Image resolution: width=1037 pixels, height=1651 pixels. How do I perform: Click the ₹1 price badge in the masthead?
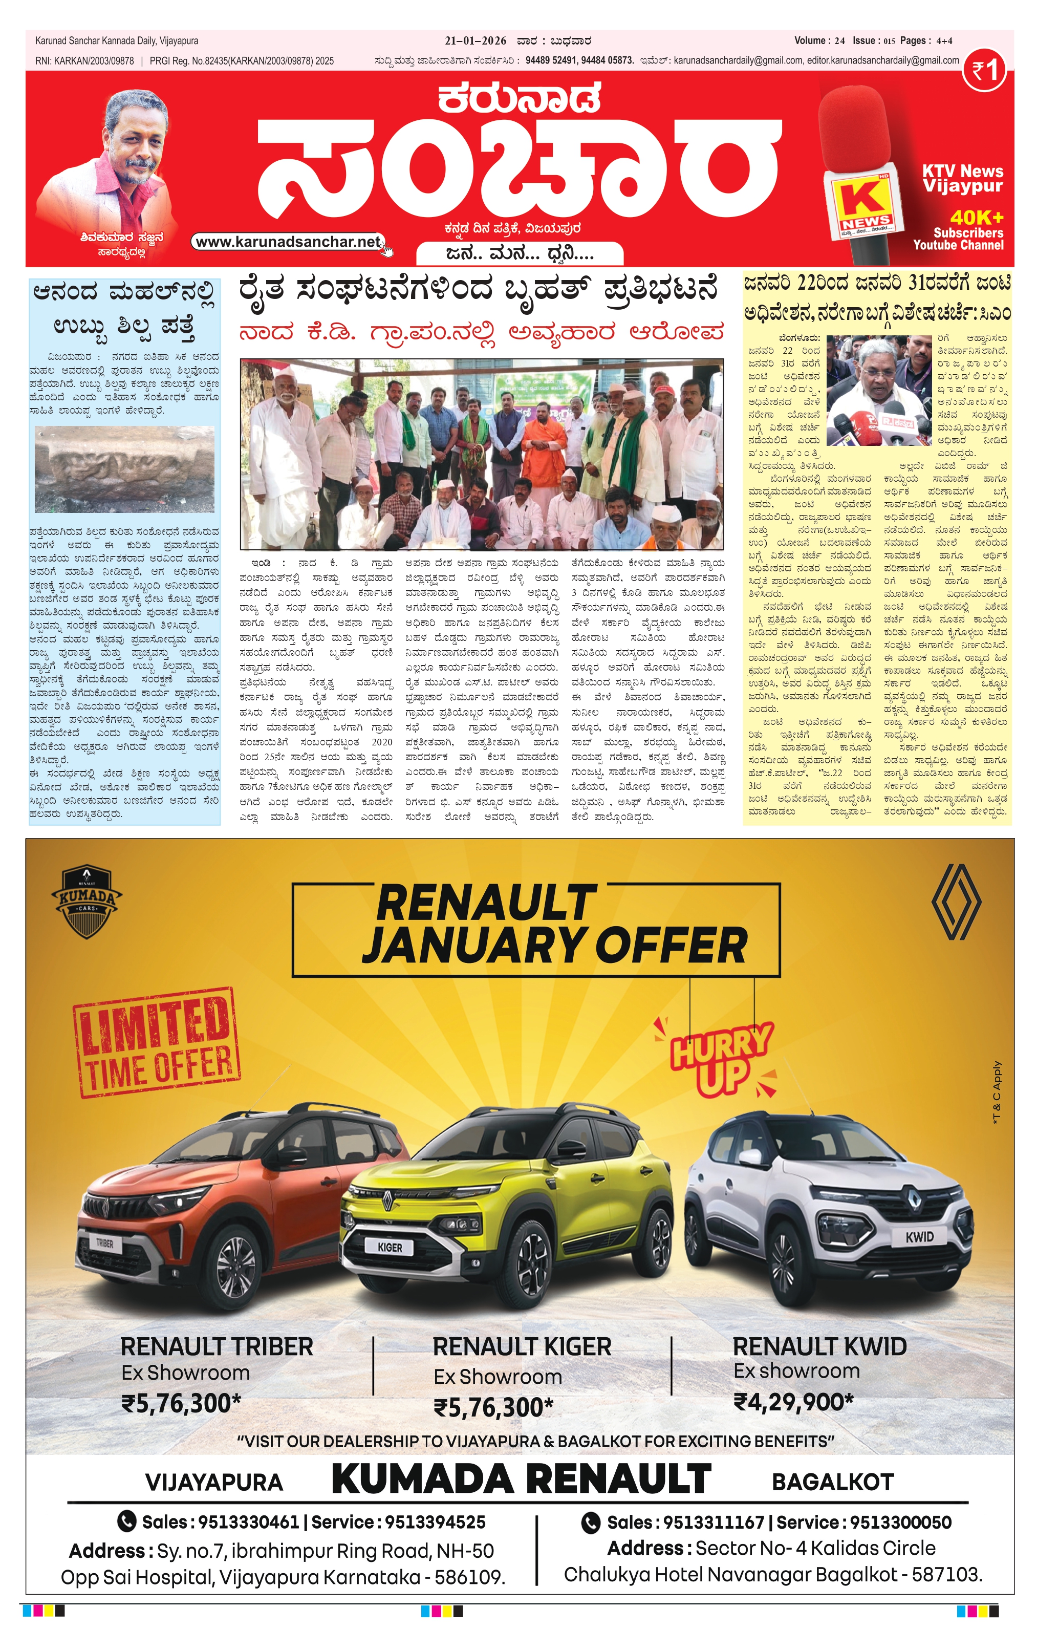pos(984,71)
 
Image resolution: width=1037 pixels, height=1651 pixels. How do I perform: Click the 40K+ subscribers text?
pos(976,218)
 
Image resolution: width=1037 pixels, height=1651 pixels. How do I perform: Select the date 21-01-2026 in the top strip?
pos(475,41)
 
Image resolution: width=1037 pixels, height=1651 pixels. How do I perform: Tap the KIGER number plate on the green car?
pos(390,1247)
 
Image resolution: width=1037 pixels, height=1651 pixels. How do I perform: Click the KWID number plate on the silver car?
pos(919,1237)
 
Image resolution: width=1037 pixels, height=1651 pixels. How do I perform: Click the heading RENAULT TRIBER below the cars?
pos(217,1346)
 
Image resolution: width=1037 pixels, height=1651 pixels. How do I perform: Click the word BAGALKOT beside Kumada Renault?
pos(832,1482)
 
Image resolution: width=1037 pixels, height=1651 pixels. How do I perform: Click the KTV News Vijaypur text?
pos(962,178)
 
